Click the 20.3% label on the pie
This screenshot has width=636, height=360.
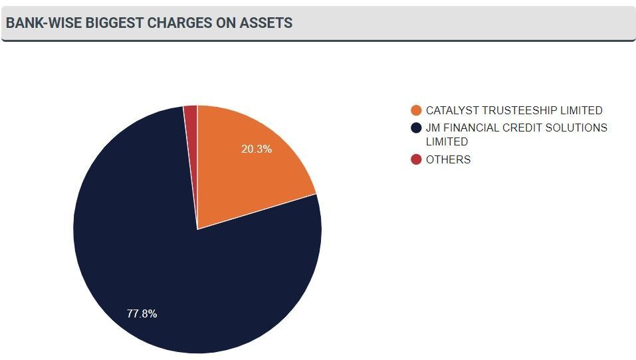tap(256, 149)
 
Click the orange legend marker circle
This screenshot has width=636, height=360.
tap(417, 111)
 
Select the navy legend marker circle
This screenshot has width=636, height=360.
tap(417, 128)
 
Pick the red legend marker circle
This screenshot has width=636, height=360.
tap(417, 159)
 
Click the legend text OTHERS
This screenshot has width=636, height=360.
tap(448, 159)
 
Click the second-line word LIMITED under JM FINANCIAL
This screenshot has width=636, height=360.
tap(447, 141)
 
